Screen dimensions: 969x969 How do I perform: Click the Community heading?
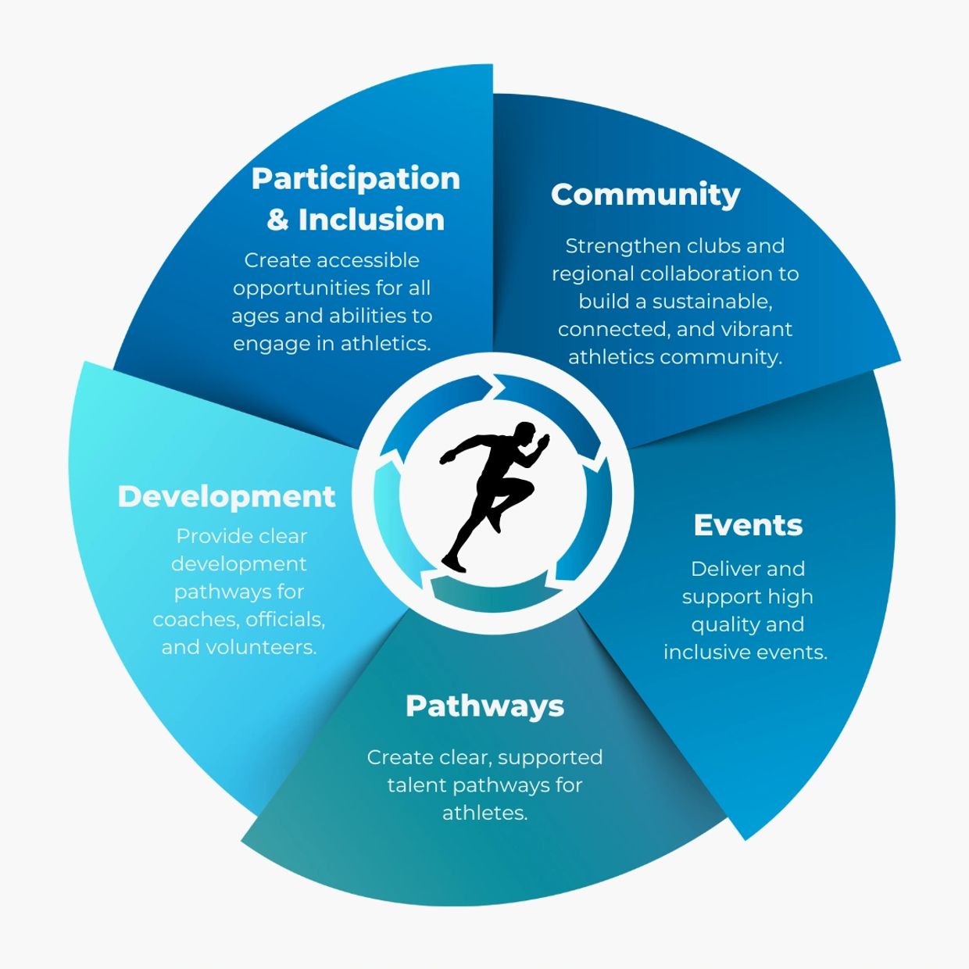tap(645, 195)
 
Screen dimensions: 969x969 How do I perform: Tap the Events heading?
tap(748, 526)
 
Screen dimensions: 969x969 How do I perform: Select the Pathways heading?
tap(484, 706)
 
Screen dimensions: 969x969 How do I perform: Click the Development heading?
tap(227, 497)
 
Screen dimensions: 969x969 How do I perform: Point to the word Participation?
tap(356, 179)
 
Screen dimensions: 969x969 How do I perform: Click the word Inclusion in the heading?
tap(371, 220)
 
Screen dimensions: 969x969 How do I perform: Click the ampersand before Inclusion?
tap(277, 220)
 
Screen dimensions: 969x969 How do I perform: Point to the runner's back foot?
tap(453, 561)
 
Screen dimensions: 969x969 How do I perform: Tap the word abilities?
tap(362, 316)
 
